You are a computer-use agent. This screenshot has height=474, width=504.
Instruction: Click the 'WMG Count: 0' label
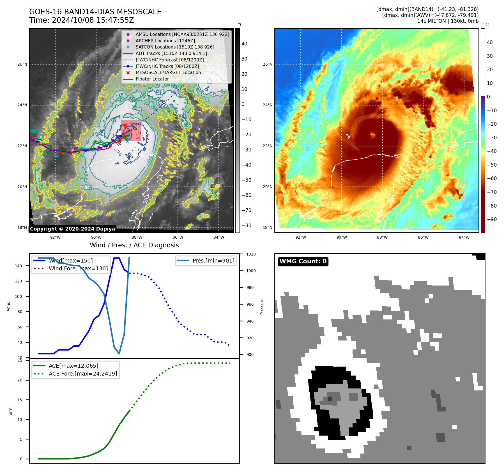[303, 261]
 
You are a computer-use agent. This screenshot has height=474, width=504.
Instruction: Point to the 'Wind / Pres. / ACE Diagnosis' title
[134, 245]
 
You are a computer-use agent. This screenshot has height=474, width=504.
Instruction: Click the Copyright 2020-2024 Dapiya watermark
[72, 229]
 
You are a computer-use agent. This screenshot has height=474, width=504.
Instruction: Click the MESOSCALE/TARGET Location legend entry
[168, 73]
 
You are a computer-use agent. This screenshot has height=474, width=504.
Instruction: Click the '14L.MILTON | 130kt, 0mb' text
[448, 21]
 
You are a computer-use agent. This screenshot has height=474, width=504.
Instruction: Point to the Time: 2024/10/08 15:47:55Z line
[81, 20]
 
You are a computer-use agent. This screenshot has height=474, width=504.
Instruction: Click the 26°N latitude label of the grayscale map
[22, 64]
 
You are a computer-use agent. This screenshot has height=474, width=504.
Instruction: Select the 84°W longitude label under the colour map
[464, 238]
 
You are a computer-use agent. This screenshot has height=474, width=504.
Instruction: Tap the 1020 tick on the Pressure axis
[251, 254]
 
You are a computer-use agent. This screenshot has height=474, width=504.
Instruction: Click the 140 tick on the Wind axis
[19, 266]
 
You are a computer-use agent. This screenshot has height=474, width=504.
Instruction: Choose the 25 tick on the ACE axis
[20, 361]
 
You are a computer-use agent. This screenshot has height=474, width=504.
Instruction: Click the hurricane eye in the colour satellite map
[373, 135]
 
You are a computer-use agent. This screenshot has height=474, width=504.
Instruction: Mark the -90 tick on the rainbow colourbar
[492, 219]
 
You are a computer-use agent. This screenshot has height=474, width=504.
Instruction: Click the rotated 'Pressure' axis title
[262, 306]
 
